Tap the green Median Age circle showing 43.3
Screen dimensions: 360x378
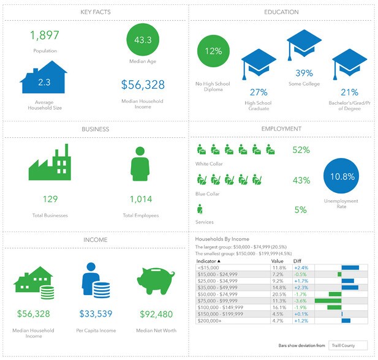tap(143, 40)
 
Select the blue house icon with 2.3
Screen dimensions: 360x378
tap(43, 78)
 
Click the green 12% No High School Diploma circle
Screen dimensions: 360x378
tap(213, 51)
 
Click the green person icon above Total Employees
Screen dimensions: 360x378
tap(140, 163)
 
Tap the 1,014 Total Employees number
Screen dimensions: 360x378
tap(140, 199)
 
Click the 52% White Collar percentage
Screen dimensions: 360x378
tap(301, 149)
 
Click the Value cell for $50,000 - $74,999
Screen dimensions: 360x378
tap(279, 294)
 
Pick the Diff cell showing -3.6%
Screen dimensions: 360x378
tap(300, 301)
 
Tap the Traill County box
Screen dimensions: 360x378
tap(347, 345)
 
